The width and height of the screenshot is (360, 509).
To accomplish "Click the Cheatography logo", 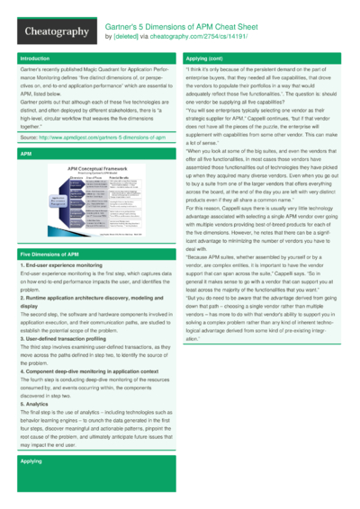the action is click(x=52, y=31).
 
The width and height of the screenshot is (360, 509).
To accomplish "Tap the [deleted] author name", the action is click(x=126, y=38).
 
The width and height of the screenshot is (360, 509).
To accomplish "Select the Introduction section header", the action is click(x=35, y=58).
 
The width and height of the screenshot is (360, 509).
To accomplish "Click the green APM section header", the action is click(x=26, y=154).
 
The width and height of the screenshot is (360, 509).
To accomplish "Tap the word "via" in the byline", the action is click(x=140, y=38).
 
